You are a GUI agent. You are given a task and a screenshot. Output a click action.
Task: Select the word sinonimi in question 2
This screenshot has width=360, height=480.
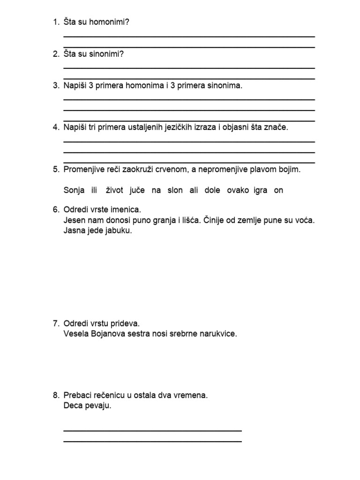click(105, 54)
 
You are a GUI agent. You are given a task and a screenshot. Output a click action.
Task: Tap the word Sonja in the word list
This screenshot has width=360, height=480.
click(74, 190)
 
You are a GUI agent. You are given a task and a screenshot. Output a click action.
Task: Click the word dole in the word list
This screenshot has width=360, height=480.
click(212, 190)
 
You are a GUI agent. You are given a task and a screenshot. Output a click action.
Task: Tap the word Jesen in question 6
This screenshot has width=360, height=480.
click(74, 220)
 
